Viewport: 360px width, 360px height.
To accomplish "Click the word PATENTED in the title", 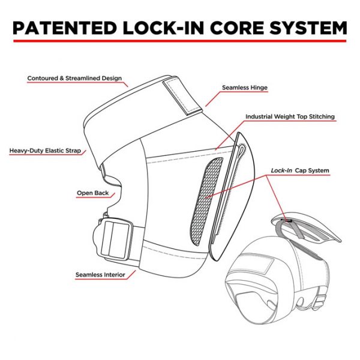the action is pos(65,28).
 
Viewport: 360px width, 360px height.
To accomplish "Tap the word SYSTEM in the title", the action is pos(308,28).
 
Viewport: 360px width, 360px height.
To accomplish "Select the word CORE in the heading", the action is pos(236,28).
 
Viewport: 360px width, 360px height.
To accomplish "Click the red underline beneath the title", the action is pos(180,41).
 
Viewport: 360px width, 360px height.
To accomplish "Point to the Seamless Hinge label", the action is pos(245,88).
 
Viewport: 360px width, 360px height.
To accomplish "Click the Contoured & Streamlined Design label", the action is pos(74,78).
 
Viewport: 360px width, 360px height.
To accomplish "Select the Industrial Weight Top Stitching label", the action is pos(290,116).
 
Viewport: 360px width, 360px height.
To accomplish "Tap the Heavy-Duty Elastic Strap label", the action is pos(45,151).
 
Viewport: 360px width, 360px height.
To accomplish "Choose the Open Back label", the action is pos(92,193).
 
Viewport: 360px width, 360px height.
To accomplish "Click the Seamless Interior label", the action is pos(100,275).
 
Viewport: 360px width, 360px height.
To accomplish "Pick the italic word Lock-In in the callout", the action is pos(281,170).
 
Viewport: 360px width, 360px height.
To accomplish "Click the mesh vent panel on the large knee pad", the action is pos(206,201).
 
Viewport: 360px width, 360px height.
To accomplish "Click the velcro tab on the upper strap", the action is pos(182,96).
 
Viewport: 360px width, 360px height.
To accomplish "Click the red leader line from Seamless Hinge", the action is pos(214,98).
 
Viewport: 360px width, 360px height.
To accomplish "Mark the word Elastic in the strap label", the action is pos(55,151).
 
